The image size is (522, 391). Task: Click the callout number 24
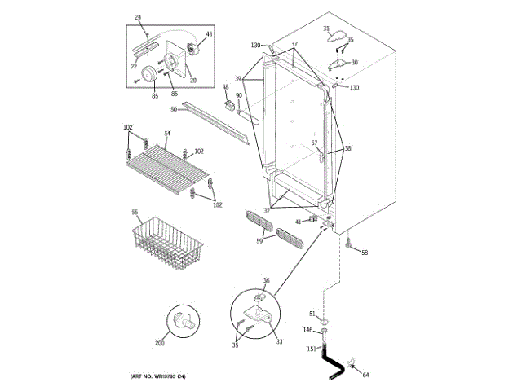137,18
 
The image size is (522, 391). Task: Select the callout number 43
208,34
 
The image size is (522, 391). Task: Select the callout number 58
365,253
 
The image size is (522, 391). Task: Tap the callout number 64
365,375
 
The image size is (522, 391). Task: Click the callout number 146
307,330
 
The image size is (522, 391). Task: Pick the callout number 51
312,314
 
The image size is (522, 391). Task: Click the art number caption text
158,376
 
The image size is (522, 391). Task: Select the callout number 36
266,281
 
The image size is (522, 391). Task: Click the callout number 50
174,109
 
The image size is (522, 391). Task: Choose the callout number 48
225,87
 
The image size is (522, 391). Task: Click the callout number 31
325,29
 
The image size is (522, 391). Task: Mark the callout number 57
313,143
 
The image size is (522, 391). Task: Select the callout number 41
299,222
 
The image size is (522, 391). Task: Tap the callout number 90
239,96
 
